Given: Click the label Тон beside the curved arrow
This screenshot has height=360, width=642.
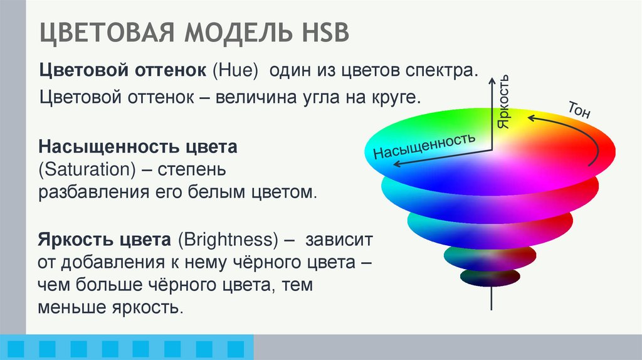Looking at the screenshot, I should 579,110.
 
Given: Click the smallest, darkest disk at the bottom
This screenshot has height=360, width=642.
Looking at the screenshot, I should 490,277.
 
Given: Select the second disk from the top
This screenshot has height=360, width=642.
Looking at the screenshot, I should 490,192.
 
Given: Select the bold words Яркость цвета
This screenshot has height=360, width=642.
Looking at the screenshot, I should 105,240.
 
